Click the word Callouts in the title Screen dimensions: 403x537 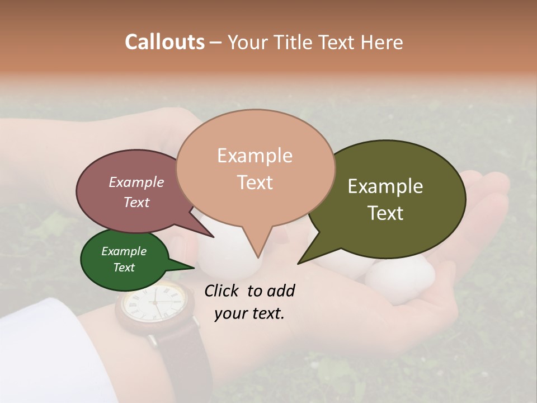coord(164,42)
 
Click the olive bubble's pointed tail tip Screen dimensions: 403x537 coord(298,263)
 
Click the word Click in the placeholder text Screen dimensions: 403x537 coord(223,290)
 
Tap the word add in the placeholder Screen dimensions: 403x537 coord(281,290)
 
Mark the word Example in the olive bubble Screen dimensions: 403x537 coord(385,186)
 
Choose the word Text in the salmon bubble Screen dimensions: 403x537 coord(255,182)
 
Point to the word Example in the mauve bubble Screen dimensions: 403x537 coord(136,182)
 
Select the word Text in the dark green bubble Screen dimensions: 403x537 coord(124,268)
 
